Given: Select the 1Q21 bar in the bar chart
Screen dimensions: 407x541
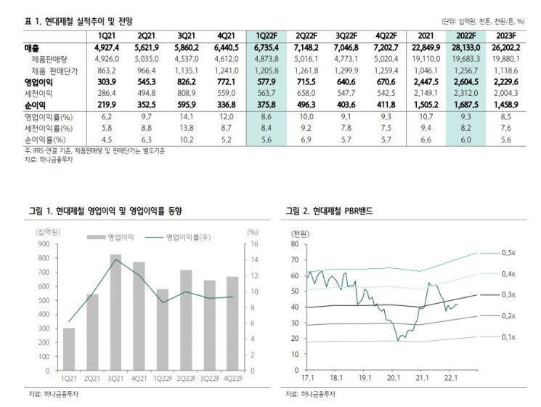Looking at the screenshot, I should click(x=69, y=349).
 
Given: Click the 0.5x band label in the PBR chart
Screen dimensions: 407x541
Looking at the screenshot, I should click(x=508, y=252).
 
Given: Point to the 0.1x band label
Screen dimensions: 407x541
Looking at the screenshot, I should click(x=508, y=337).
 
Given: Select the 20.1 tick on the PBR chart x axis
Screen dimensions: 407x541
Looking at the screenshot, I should click(x=394, y=379).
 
